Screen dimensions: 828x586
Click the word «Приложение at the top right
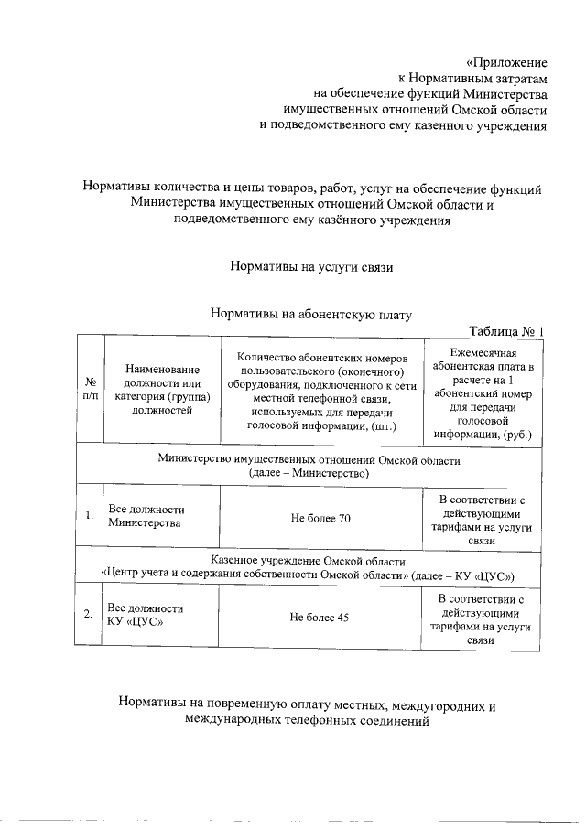(506, 63)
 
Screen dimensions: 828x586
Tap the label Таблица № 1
(506, 330)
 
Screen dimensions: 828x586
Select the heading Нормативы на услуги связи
(311, 268)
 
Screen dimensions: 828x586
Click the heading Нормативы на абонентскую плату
(311, 314)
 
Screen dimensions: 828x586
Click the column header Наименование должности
(162, 389)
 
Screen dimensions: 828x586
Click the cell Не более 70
(320, 518)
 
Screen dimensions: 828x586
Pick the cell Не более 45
(320, 618)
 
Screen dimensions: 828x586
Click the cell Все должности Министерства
(146, 517)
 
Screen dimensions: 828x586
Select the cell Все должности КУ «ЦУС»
(146, 616)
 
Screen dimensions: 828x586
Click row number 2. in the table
(89, 616)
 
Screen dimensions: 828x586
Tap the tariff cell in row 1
(482, 519)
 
